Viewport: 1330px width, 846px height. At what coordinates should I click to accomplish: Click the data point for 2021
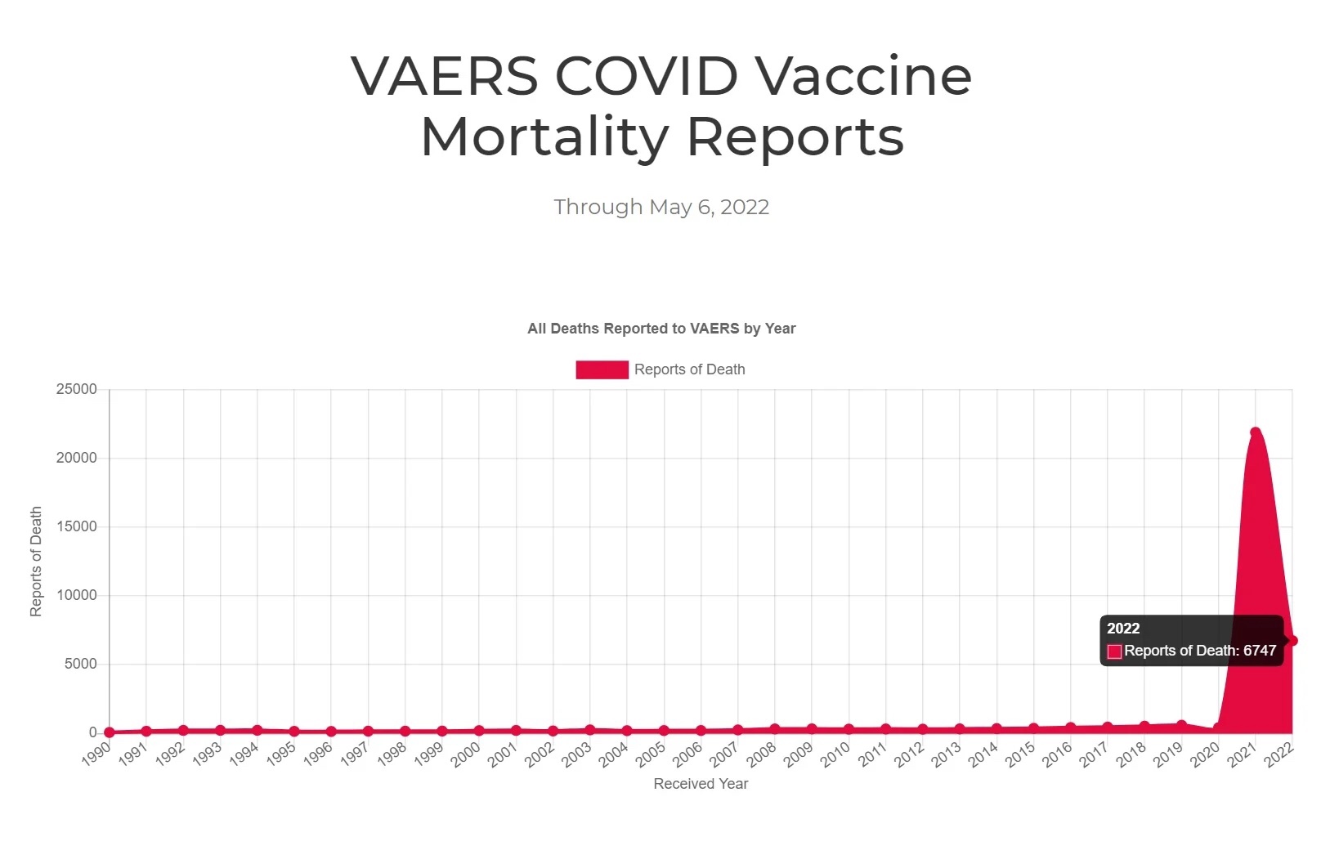(x=1255, y=432)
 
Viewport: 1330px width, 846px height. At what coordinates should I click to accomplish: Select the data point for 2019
(x=1181, y=725)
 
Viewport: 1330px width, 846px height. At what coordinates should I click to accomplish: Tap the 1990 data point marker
(x=110, y=732)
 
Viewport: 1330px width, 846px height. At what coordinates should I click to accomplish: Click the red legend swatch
(x=602, y=369)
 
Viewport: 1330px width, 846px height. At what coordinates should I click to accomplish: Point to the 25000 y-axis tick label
(x=76, y=389)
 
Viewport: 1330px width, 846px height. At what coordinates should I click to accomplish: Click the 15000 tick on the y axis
(x=76, y=526)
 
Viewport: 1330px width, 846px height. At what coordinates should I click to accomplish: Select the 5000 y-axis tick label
(x=80, y=664)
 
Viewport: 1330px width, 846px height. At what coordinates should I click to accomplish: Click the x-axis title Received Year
(x=701, y=784)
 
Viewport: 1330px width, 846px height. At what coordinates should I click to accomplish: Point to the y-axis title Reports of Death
(x=36, y=561)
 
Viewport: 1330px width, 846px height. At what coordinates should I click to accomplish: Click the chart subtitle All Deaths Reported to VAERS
(x=661, y=329)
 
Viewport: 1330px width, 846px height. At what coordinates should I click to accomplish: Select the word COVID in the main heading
(x=647, y=76)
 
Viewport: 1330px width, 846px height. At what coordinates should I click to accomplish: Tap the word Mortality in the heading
(x=544, y=137)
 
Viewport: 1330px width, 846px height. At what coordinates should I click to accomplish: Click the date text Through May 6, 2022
(x=661, y=207)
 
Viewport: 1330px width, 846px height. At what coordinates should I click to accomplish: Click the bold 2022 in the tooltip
(x=1122, y=629)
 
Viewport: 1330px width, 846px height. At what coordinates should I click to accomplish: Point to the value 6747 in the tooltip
(x=1259, y=651)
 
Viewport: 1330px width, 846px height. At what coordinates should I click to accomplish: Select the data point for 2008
(x=775, y=729)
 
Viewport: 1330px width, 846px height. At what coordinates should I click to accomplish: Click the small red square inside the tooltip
(x=1114, y=651)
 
